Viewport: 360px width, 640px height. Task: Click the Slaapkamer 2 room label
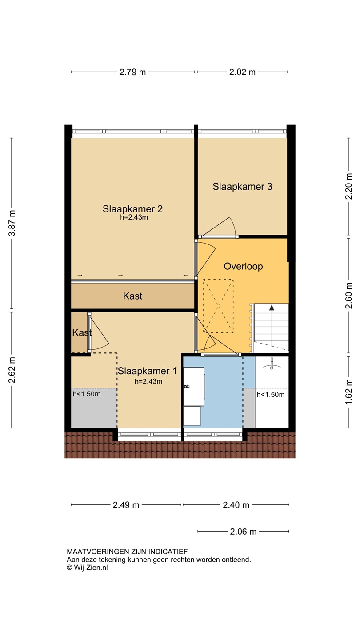[132, 209]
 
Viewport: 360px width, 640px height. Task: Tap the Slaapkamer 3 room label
[242, 187]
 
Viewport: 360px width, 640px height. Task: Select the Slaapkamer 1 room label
[148, 371]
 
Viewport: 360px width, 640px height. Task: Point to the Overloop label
[243, 266]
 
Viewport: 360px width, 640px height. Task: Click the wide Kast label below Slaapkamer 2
[132, 296]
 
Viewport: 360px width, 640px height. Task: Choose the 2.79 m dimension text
[132, 72]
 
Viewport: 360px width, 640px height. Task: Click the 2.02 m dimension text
[242, 72]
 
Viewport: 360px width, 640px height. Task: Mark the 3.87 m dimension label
[12, 223]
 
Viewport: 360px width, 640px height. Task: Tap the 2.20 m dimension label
[348, 186]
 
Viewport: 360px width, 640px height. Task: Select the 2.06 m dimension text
[243, 532]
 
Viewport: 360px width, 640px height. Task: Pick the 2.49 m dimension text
[126, 505]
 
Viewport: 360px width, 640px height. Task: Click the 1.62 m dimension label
[348, 392]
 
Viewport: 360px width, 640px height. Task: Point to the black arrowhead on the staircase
[272, 308]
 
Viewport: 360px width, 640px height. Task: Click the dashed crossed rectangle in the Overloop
[218, 306]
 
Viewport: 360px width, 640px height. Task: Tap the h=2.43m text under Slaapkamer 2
[134, 217]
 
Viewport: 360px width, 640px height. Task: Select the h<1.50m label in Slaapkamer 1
[87, 394]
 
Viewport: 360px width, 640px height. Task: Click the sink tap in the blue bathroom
[187, 387]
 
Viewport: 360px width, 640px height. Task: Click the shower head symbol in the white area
[272, 364]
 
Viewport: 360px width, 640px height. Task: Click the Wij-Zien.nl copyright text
[87, 568]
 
